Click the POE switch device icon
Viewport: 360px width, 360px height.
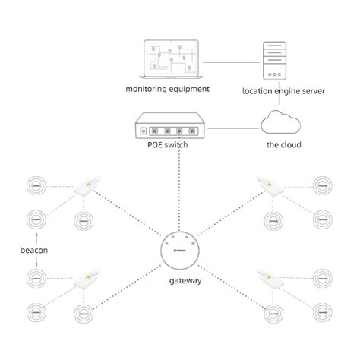tap(167, 128)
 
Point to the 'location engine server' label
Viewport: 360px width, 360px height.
tap(283, 90)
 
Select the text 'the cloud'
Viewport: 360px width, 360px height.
tap(283, 144)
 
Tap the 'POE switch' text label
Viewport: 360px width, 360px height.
tap(167, 144)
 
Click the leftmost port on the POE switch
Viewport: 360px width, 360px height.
tap(154, 128)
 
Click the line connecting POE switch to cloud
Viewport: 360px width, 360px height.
tap(229, 128)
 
